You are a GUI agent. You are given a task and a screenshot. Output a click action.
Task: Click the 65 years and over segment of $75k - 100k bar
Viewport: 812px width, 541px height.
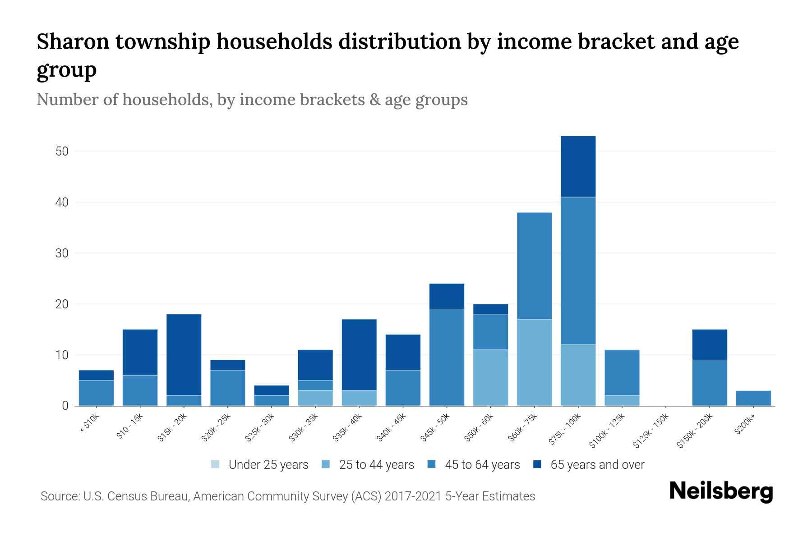(578, 166)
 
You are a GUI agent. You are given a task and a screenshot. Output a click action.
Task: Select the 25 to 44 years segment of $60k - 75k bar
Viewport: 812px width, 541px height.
(534, 362)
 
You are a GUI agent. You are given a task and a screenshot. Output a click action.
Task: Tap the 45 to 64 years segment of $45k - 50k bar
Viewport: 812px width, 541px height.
(447, 357)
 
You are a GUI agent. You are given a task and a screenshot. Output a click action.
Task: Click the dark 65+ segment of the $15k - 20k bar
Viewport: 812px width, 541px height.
(184, 355)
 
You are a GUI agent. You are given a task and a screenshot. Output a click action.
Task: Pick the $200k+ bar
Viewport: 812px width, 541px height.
(753, 398)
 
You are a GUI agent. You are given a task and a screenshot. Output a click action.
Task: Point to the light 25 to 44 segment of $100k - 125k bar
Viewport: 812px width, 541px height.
(622, 401)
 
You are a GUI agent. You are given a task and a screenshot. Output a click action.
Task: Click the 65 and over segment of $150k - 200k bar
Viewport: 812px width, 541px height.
(709, 345)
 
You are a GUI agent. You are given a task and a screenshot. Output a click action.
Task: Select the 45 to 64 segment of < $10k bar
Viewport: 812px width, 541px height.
(96, 393)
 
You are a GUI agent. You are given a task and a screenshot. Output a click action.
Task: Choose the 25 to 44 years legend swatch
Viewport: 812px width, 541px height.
(326, 464)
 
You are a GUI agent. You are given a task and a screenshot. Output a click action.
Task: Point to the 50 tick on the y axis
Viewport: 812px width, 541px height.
(62, 151)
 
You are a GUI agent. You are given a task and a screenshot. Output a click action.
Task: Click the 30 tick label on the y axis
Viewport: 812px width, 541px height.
(62, 253)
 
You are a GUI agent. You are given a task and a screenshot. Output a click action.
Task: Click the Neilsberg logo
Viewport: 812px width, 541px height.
(721, 491)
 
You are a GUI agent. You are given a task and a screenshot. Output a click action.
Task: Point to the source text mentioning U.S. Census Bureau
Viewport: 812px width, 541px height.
(287, 496)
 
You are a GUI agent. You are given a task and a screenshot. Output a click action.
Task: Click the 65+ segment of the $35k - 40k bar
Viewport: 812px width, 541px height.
(359, 355)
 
